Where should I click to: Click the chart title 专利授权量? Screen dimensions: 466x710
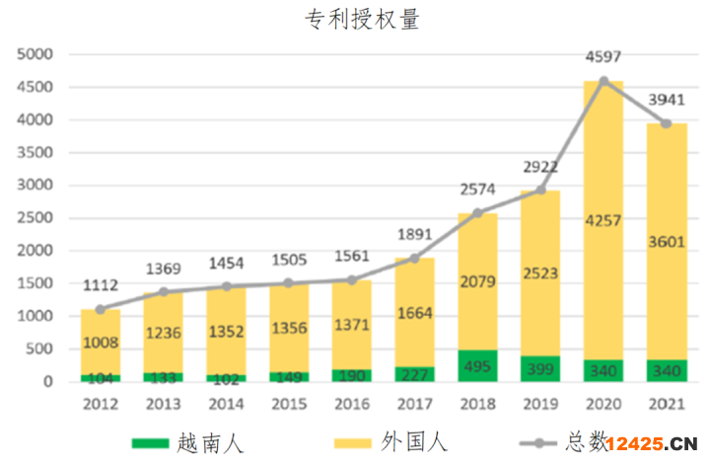(362, 20)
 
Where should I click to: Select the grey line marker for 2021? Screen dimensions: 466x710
(666, 123)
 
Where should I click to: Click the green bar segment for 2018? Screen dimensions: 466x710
(478, 365)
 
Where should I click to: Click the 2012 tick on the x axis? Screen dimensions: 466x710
(102, 403)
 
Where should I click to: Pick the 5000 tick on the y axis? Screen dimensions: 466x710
(35, 55)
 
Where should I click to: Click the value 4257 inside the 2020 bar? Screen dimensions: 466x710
(603, 219)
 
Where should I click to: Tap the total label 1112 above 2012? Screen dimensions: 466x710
(102, 284)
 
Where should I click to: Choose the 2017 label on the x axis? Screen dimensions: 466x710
(415, 403)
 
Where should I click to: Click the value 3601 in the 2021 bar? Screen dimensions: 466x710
(666, 241)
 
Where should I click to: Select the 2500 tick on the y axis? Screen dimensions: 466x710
(35, 218)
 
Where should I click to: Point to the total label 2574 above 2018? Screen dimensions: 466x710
(478, 188)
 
